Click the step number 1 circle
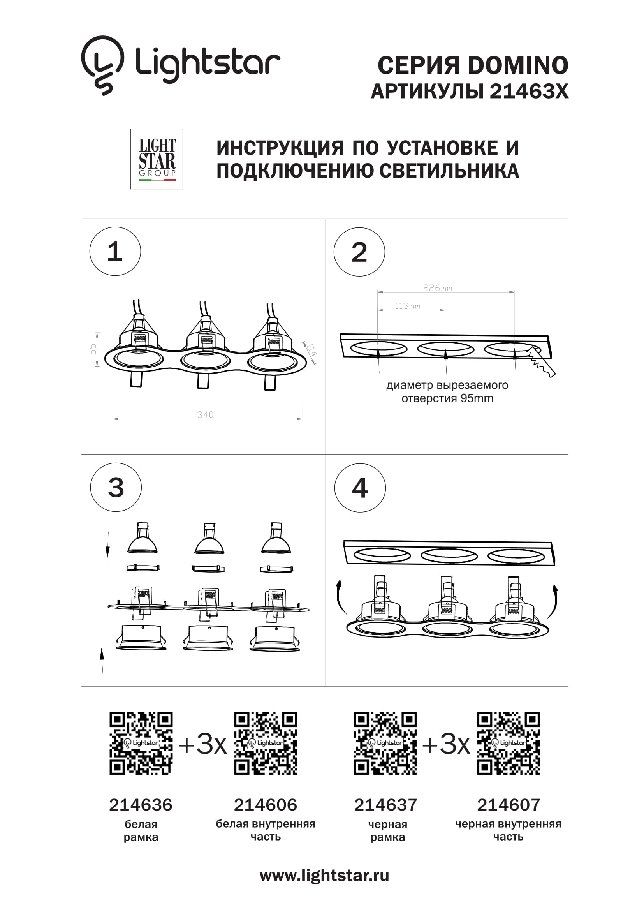point(115,252)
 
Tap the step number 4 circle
point(360,488)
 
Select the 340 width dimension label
point(206,415)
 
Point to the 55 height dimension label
point(93,349)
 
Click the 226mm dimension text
point(437,288)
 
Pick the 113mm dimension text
point(407,306)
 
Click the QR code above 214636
point(141,743)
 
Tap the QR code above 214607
point(509,743)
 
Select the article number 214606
point(265,805)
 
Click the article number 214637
point(385,805)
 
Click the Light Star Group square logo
point(156,159)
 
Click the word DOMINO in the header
point(518,65)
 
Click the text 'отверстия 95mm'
point(447,398)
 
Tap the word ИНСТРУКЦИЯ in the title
point(280,148)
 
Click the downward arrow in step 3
point(107,545)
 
